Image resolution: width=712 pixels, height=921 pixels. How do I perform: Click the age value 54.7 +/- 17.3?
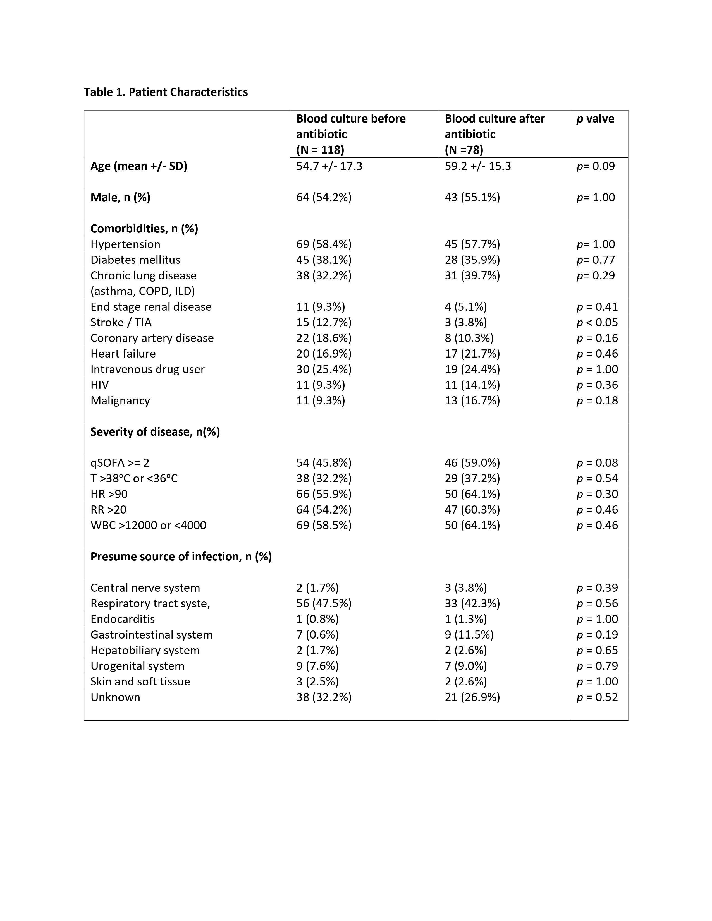(x=329, y=166)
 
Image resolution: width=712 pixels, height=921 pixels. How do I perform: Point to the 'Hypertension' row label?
(x=125, y=244)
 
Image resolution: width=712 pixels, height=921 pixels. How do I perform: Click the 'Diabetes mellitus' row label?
(x=135, y=260)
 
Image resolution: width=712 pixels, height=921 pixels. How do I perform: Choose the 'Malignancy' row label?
(x=120, y=400)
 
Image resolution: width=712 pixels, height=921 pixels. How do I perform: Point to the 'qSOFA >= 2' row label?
(x=120, y=463)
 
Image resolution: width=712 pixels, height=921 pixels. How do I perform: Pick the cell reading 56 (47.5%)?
(x=324, y=603)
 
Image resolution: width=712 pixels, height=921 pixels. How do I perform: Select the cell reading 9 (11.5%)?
(x=469, y=634)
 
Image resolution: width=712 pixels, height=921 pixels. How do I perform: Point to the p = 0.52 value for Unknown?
(x=597, y=697)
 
